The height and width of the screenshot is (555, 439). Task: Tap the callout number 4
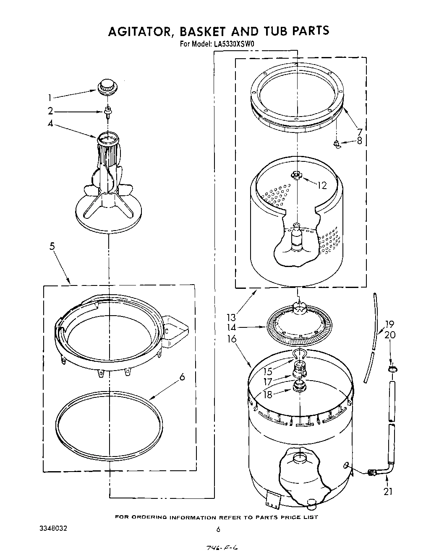(x=50, y=124)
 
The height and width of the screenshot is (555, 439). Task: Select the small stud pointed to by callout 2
(x=108, y=110)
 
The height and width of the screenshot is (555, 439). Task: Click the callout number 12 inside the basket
(x=321, y=185)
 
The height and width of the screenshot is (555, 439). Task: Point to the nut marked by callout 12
(x=297, y=174)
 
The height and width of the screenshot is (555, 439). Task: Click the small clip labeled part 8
(x=337, y=144)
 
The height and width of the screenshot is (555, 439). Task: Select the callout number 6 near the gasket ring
(x=182, y=377)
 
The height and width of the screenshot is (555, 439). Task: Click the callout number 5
(x=52, y=246)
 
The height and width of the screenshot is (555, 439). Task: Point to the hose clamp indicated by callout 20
(x=392, y=369)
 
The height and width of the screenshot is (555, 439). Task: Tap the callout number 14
(x=231, y=328)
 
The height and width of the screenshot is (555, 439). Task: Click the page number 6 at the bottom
(x=218, y=529)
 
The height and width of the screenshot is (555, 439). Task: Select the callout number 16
(x=232, y=339)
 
